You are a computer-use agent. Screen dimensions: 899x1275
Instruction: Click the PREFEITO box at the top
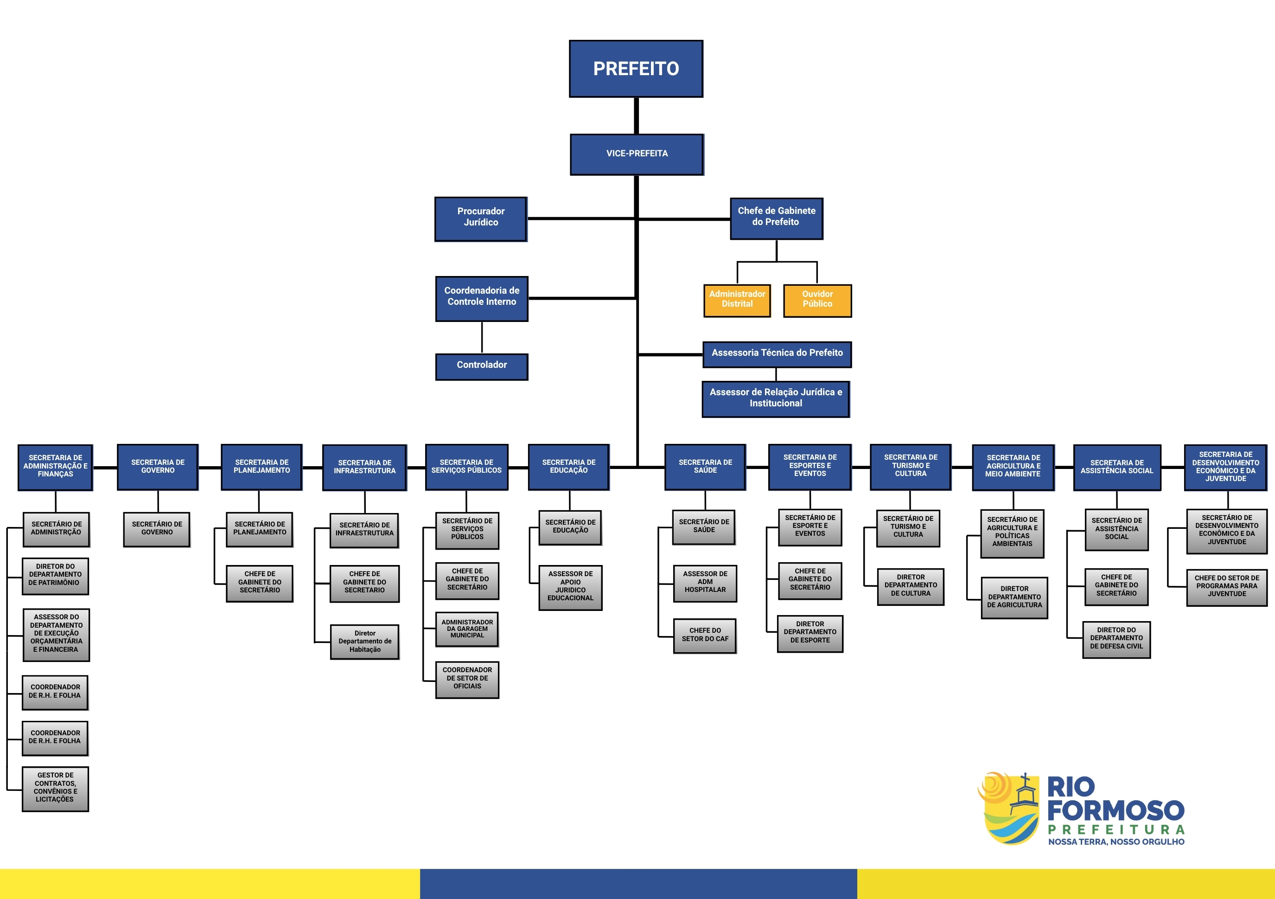636,69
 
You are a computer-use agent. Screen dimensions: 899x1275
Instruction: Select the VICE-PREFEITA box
637,154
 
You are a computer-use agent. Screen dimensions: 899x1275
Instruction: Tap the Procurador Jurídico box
480,218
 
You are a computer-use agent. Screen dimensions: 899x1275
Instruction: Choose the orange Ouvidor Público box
817,300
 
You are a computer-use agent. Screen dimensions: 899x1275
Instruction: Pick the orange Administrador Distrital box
737,300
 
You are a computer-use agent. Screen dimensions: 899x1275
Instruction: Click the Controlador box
481,366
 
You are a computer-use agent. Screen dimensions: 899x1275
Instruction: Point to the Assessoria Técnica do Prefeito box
777,354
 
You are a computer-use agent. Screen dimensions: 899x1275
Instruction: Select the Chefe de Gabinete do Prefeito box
776,218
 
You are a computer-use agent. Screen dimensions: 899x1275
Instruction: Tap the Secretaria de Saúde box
705,467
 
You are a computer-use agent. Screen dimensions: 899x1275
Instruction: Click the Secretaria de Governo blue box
158,467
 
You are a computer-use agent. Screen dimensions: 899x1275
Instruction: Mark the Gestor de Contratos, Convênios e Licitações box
56,789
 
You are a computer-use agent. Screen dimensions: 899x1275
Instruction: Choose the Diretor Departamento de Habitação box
365,642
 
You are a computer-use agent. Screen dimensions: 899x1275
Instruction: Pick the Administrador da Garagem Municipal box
467,629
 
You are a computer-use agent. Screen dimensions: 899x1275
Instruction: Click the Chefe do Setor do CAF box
705,636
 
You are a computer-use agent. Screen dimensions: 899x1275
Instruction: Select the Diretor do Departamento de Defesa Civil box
1116,639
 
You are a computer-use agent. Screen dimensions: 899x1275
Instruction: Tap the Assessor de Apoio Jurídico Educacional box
570,587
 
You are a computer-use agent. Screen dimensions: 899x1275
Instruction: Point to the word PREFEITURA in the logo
1116,829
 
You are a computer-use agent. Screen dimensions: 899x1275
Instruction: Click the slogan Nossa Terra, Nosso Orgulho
1116,842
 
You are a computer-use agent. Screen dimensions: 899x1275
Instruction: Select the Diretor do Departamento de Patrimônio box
55,576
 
